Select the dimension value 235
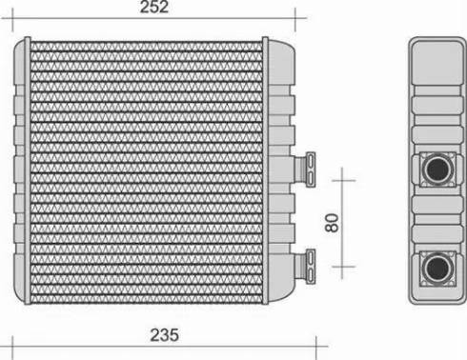pyautogui.click(x=163, y=335)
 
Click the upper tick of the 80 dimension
pyautogui.click(x=343, y=177)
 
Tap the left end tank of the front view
pyautogui.click(x=22, y=171)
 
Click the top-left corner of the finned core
pyautogui.click(x=33, y=43)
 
